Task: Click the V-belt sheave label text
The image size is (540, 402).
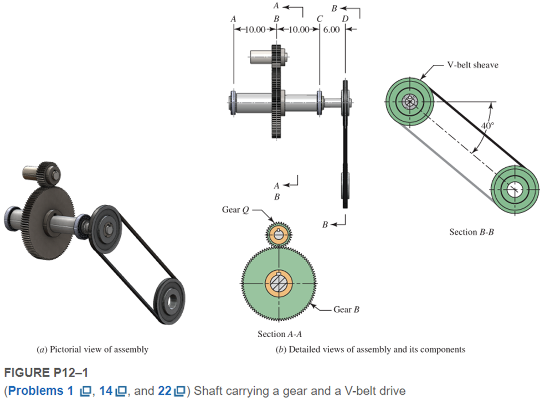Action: coord(473,65)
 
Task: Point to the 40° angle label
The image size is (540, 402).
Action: coord(487,126)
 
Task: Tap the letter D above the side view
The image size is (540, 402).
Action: coord(346,19)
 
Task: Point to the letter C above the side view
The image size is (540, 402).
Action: coord(320,19)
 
